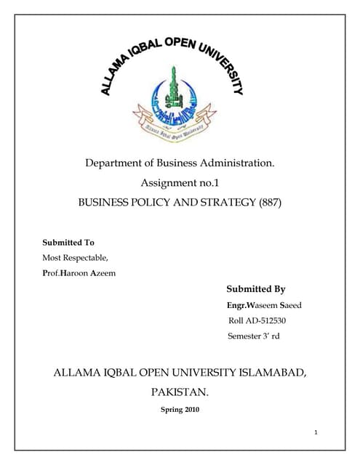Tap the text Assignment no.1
(x=180, y=183)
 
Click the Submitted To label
(x=68, y=242)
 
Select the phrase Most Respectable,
(x=75, y=257)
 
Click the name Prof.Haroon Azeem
(x=80, y=272)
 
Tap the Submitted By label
(x=256, y=288)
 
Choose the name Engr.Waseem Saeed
(x=264, y=305)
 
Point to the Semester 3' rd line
(x=253, y=336)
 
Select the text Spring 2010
(x=179, y=410)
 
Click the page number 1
(x=316, y=433)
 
